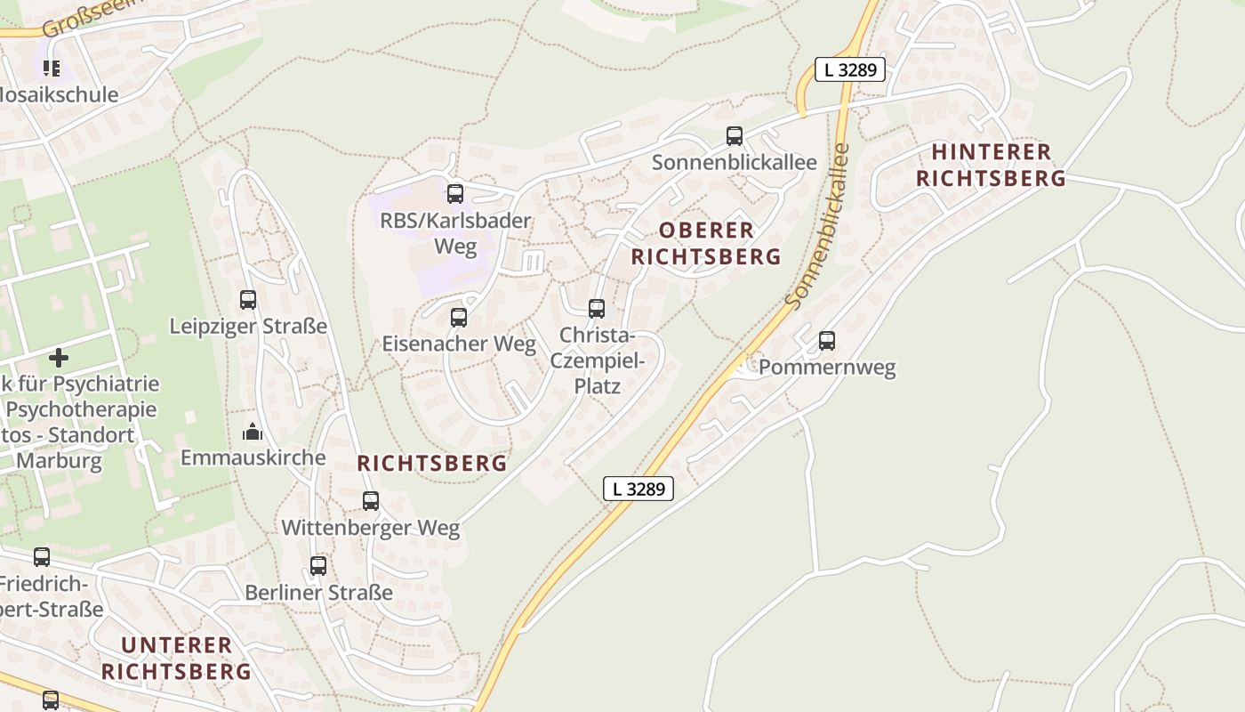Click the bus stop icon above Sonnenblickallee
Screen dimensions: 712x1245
(735, 136)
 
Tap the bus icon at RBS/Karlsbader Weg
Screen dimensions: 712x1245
(455, 193)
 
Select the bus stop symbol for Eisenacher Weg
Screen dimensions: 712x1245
(459, 317)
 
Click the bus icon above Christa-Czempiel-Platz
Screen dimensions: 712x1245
(597, 309)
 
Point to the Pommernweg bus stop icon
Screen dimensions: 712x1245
(827, 340)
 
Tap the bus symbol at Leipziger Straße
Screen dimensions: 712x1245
(248, 300)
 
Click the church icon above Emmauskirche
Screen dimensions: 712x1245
(253, 433)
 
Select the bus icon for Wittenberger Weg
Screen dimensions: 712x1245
(371, 501)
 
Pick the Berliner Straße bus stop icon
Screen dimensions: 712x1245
(318, 565)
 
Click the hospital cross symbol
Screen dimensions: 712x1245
(59, 358)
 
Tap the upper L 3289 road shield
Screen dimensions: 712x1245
(850, 69)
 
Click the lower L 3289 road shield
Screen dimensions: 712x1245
(639, 489)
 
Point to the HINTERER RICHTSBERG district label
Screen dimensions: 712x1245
(991, 166)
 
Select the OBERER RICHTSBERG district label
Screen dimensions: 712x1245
(706, 244)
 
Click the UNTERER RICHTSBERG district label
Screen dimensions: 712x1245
(176, 659)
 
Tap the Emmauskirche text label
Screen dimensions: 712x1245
(253, 457)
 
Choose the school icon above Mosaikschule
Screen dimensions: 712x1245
(52, 68)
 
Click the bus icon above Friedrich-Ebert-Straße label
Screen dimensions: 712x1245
(42, 557)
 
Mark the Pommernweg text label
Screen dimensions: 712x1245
(827, 368)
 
